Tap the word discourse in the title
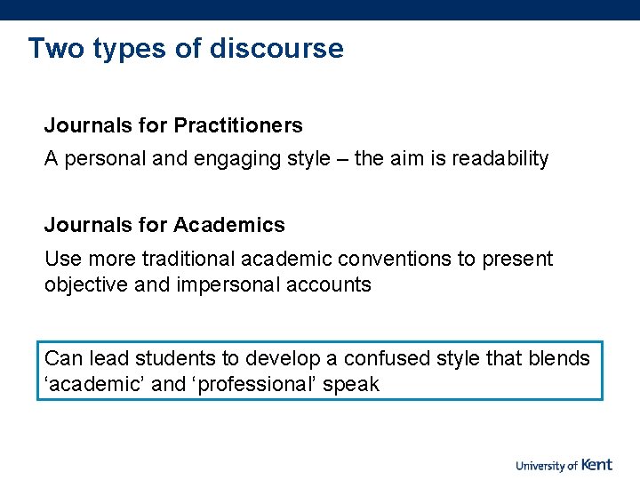click(x=276, y=48)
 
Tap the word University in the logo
click(x=540, y=465)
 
